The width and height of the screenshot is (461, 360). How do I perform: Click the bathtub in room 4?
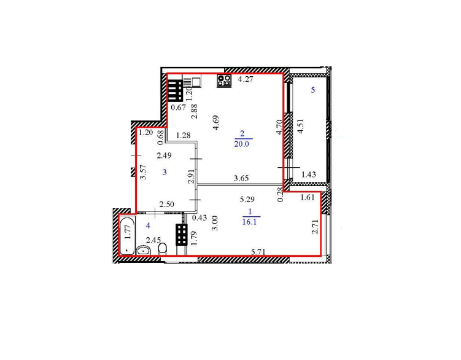coord(127,235)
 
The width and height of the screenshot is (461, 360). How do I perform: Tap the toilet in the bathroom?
coord(162,249)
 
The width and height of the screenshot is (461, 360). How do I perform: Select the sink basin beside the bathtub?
coord(144,250)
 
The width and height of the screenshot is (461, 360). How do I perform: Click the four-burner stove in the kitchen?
coord(224,81)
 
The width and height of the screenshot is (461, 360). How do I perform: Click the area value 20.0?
coord(242,144)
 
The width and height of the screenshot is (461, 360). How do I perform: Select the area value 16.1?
coord(249,222)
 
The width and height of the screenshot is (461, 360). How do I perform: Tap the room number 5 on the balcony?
coord(313,90)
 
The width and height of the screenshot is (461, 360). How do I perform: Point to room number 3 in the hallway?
coord(165,172)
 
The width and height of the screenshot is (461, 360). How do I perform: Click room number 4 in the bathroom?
coord(148,226)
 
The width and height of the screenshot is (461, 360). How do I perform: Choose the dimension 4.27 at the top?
coord(246,79)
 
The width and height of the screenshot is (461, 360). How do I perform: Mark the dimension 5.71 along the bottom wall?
coord(258,252)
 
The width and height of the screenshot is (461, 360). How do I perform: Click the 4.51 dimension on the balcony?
coord(300,127)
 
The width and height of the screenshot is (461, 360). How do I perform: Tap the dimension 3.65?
coord(241,178)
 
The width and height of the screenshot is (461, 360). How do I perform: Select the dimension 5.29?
coord(247,200)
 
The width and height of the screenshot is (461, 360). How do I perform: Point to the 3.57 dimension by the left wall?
coord(143,172)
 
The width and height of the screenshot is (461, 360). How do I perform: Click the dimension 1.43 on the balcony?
coord(309,174)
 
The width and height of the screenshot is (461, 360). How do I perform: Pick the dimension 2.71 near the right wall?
coord(315,227)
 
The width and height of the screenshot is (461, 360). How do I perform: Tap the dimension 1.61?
coord(308,197)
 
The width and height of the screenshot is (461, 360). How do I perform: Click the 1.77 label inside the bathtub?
coord(127,232)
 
